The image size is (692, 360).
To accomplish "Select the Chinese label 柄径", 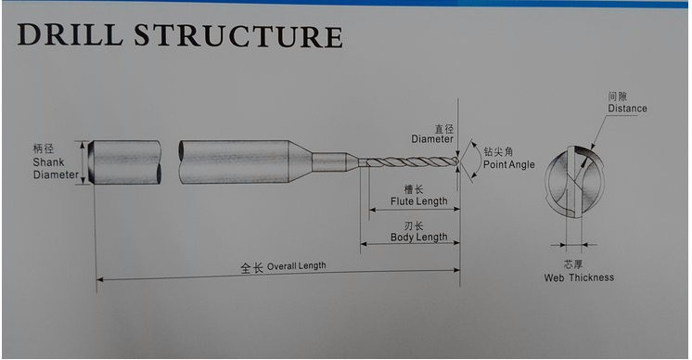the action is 44,148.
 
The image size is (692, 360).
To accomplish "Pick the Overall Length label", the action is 296,266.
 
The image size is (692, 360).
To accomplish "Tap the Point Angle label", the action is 508,164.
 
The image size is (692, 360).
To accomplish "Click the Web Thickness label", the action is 578,277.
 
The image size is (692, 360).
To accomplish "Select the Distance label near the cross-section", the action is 627,109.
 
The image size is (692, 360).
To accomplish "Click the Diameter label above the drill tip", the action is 432,139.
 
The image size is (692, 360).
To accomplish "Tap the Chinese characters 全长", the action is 251,267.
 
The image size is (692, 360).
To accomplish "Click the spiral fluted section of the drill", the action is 408,163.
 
